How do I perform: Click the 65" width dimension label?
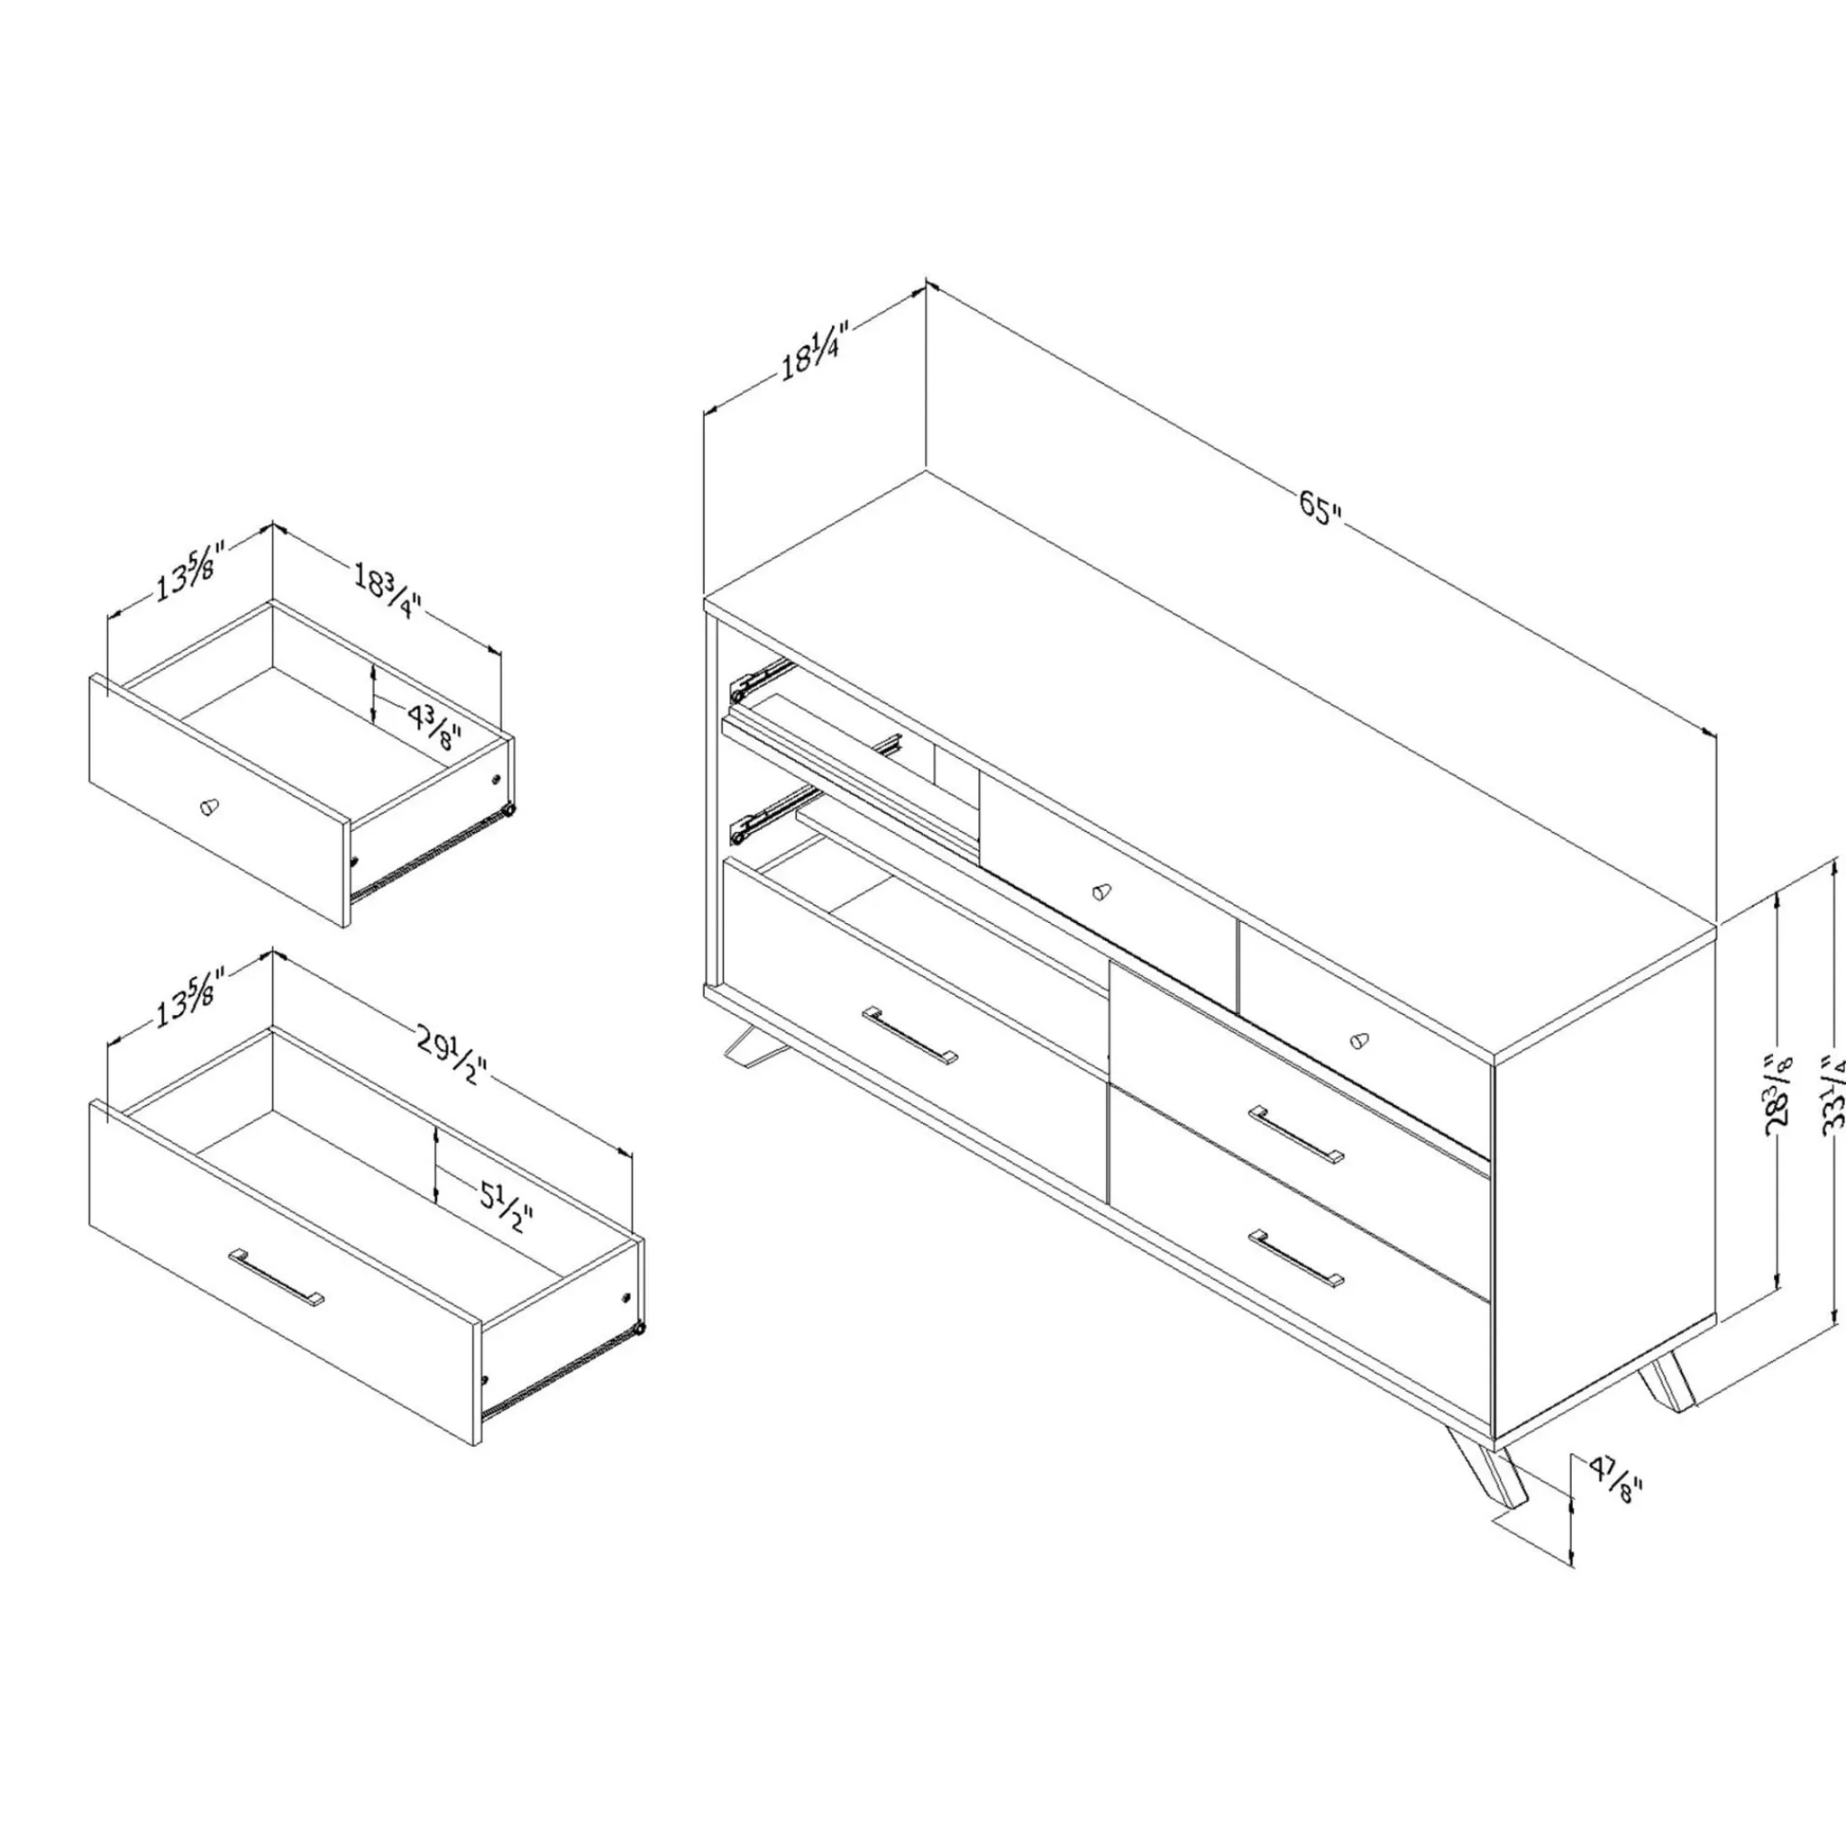pyautogui.click(x=1321, y=507)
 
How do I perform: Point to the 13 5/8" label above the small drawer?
pyautogui.click(x=191, y=571)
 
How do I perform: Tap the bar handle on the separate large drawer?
pyautogui.click(x=276, y=1275)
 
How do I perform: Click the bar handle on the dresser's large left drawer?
pyautogui.click(x=909, y=1034)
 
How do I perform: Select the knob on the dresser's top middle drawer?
pyautogui.click(x=1101, y=891)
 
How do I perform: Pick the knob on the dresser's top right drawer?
pyautogui.click(x=1359, y=1040)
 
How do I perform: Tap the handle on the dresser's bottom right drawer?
pyautogui.click(x=1296, y=1258)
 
